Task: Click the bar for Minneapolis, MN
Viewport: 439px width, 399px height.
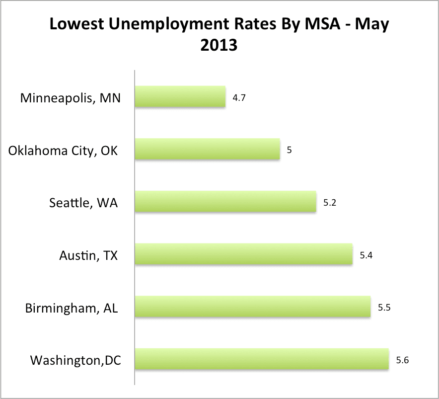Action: click(180, 97)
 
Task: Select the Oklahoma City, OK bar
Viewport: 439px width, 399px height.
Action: click(208, 150)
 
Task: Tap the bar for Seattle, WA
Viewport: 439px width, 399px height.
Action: click(225, 202)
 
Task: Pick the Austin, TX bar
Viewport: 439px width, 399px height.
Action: click(244, 255)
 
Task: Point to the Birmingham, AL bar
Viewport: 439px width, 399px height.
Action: click(253, 308)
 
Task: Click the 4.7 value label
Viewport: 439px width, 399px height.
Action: click(239, 98)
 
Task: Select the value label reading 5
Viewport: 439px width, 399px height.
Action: click(289, 150)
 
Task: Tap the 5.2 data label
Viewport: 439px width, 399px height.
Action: click(330, 203)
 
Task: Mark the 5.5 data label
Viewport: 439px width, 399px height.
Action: click(384, 308)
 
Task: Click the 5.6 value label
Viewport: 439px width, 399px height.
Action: click(402, 360)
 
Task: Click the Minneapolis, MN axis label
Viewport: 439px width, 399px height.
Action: click(70, 98)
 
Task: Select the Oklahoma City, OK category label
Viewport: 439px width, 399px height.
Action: click(64, 150)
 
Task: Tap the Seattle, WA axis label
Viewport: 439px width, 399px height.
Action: click(83, 203)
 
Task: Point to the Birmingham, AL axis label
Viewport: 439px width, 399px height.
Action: click(72, 308)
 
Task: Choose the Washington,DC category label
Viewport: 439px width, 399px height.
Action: click(75, 360)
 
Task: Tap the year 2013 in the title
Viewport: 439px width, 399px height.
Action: click(219, 46)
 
